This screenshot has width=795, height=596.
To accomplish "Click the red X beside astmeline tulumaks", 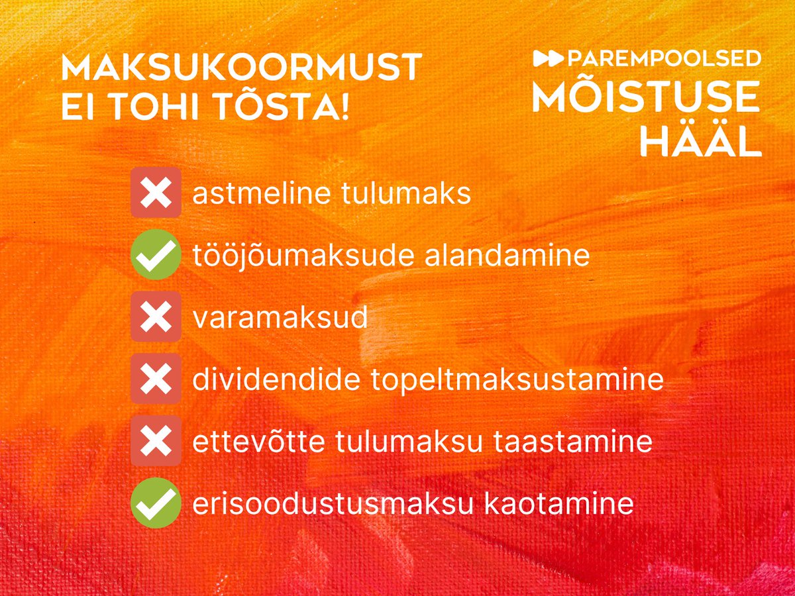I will coord(156,192).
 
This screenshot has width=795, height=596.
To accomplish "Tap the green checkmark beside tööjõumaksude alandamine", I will coord(156,254).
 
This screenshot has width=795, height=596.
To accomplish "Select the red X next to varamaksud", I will coord(156,317).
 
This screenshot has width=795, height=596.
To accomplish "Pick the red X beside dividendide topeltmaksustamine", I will coord(156,379).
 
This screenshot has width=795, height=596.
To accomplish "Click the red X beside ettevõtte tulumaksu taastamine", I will coord(156,441).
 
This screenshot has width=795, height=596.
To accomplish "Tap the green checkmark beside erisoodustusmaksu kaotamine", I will coord(156,503).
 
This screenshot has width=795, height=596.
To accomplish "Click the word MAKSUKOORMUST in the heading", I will coord(241,68).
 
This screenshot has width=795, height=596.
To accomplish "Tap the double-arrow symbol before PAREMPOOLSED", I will coord(549,58).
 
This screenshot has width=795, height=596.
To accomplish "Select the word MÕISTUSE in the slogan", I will coord(647,97).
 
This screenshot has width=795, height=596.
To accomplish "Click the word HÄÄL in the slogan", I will coord(701,140).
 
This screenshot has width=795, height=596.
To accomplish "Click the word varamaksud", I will coord(280,318).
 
